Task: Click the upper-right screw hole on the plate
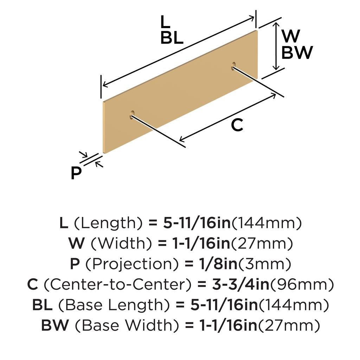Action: [233, 66]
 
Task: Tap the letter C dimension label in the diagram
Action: [237, 125]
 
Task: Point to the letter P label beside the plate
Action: [76, 173]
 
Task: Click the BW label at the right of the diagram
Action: [297, 52]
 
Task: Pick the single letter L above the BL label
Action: [165, 22]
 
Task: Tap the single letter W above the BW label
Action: [291, 36]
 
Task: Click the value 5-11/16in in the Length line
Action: [197, 223]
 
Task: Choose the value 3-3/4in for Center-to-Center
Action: [240, 284]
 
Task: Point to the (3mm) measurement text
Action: [265, 264]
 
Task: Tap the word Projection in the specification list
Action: [132, 264]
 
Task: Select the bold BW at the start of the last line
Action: [55, 325]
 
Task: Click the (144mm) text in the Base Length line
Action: [294, 305]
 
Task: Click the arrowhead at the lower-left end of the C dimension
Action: [182, 139]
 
